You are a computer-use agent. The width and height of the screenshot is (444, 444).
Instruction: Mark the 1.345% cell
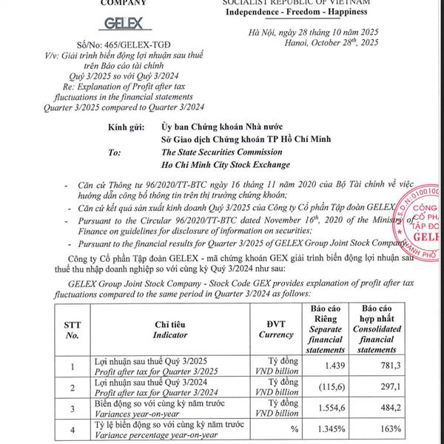[330, 428]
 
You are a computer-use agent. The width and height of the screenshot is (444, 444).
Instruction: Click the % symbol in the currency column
[294, 428]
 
